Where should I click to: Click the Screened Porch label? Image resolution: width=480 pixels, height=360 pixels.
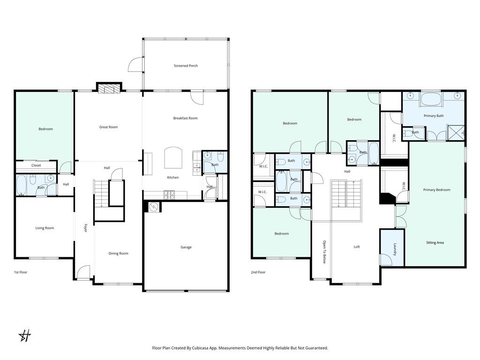[x=186, y=66]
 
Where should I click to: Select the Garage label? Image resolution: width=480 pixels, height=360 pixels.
[x=186, y=247]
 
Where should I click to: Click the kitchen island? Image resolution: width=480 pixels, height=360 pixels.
[x=172, y=157]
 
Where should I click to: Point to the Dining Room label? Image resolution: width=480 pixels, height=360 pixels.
[x=118, y=254]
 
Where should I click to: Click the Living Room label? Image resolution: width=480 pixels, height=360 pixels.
[x=45, y=228]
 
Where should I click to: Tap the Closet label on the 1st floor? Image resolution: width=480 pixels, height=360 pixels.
[x=36, y=165]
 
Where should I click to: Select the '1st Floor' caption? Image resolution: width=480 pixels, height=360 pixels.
[x=21, y=272]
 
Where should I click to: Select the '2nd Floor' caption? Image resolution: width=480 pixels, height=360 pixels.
[x=258, y=272]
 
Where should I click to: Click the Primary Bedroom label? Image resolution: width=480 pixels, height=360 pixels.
[x=436, y=190]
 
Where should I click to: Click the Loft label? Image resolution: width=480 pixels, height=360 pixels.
[x=357, y=247]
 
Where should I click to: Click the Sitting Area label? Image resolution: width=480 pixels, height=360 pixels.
[x=435, y=243]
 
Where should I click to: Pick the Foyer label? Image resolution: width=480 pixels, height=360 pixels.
[x=85, y=228]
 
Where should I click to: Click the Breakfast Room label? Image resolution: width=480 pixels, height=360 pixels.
[x=185, y=118]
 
